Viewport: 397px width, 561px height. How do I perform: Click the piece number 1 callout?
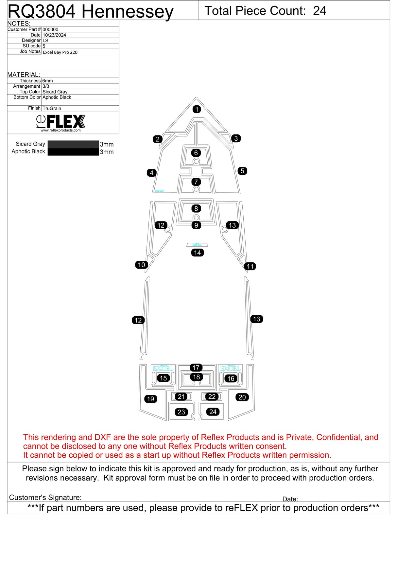coord(197,109)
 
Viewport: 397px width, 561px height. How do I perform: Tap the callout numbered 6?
coord(196,153)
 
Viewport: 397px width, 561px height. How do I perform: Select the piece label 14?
coord(198,253)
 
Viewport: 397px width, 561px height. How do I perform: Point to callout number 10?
coord(141,265)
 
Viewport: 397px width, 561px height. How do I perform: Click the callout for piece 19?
coord(150,399)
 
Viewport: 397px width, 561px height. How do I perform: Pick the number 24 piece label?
coord(213,412)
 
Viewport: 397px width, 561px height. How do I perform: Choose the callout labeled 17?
coord(196,368)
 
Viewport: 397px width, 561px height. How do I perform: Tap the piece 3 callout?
coord(236,138)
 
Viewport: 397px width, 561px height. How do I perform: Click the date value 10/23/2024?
coord(54,35)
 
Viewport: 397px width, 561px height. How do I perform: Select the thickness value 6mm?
coord(47,81)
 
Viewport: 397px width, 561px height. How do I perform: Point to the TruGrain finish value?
coord(52,108)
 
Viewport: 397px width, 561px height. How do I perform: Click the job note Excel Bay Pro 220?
coord(60,52)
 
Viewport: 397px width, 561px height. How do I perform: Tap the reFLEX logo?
coord(61,121)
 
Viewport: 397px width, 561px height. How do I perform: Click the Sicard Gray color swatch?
coord(73,144)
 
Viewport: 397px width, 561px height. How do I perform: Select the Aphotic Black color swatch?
coord(73,152)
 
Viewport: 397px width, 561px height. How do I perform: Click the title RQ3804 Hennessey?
coord(90,12)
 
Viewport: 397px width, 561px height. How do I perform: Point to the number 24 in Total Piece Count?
coord(319,11)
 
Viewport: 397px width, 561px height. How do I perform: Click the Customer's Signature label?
coord(45,497)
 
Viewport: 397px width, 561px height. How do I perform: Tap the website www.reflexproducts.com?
coord(60,130)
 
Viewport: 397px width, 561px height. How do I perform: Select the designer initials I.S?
coord(46,41)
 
